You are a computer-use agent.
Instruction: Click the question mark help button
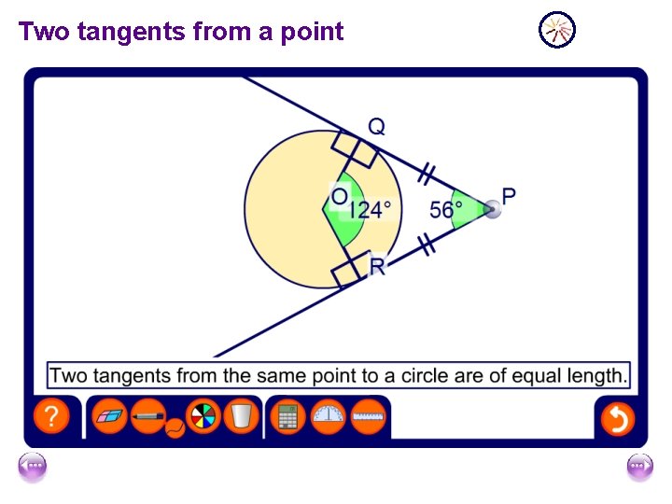click(52, 417)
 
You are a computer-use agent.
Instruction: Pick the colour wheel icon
click(203, 416)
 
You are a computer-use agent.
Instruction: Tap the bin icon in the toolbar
click(241, 416)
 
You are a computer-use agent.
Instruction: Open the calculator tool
click(287, 417)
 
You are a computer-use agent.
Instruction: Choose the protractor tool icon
click(328, 416)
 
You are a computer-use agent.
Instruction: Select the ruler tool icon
click(369, 416)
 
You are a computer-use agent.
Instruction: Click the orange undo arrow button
click(617, 418)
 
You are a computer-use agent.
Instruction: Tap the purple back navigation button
click(33, 466)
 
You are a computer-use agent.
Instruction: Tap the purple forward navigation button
click(639, 466)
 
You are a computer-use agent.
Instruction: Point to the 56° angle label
click(446, 210)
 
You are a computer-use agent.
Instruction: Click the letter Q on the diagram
click(375, 126)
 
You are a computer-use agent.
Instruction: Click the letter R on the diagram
click(377, 268)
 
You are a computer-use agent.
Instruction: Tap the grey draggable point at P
click(493, 210)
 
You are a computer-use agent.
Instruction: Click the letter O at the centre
click(340, 198)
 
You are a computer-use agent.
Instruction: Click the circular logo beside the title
click(557, 30)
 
